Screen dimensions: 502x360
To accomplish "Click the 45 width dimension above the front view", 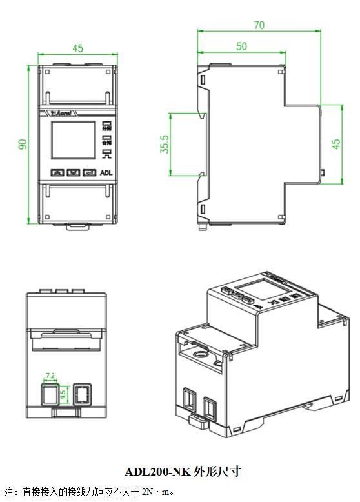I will (x=78, y=48).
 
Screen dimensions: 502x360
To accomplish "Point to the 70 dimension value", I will (x=259, y=25).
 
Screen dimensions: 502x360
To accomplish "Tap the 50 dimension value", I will (x=241, y=46).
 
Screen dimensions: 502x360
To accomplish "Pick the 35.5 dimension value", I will (x=165, y=144).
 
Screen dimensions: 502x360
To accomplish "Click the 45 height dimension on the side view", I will (x=336, y=144).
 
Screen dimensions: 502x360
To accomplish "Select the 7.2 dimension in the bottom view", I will (x=51, y=375).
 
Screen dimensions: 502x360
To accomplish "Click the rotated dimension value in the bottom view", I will (x=63, y=393).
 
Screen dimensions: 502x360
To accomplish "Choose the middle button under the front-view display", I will (x=74, y=173).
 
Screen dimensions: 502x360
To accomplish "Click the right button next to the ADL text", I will (x=90, y=173).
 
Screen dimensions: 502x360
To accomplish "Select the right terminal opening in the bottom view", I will (x=82, y=393).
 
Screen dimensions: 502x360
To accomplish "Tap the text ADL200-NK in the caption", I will (x=157, y=472).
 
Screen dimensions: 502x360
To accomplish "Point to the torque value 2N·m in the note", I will (x=152, y=492).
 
